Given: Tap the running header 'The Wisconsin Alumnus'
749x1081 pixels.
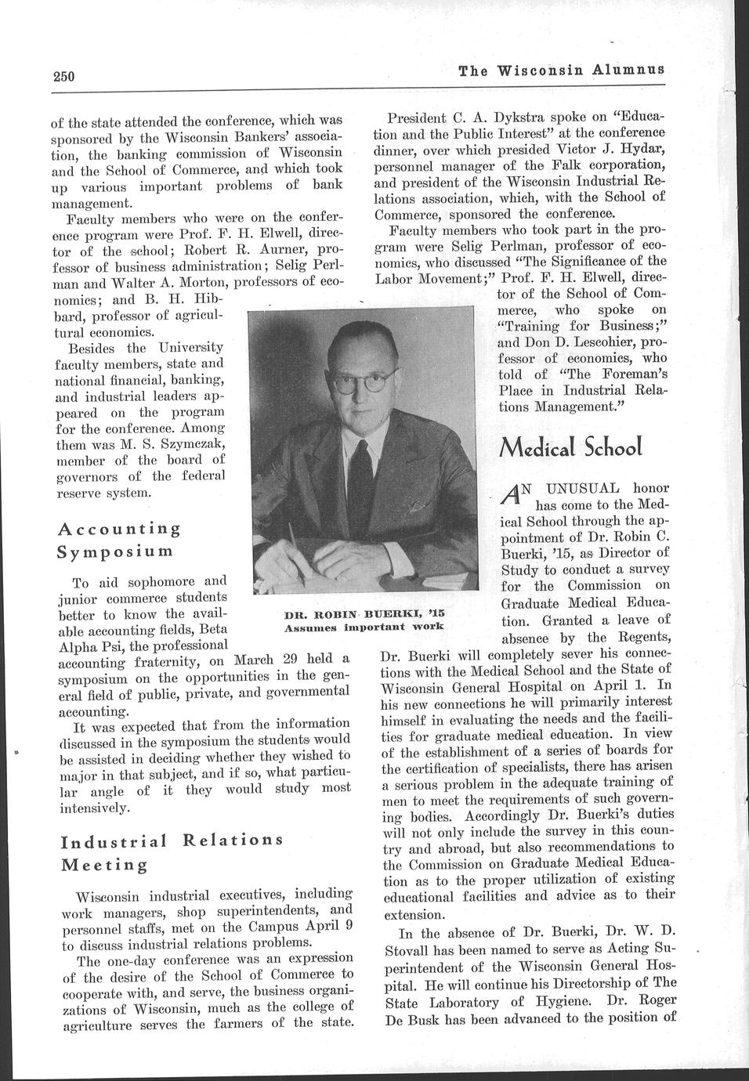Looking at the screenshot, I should coord(562,69).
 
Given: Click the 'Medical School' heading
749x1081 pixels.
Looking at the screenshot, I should coord(577,448).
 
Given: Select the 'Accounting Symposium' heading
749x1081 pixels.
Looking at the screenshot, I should coord(119,539).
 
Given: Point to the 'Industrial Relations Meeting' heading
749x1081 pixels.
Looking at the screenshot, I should coord(171,851).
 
